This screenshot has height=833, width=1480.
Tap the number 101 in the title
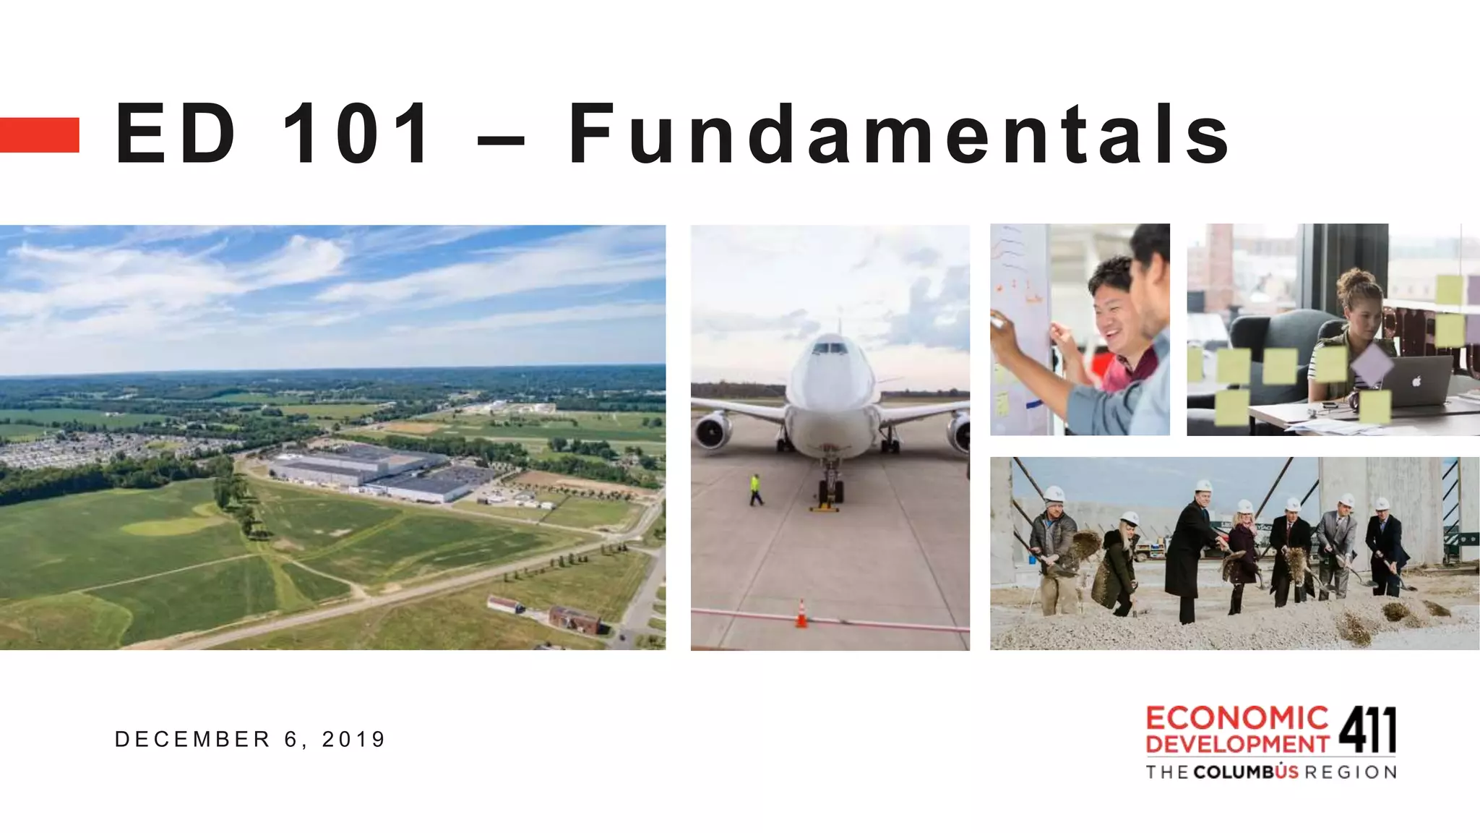tap(357, 134)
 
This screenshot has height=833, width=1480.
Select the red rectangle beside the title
tap(39, 135)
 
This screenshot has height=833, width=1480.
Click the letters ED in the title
tap(176, 134)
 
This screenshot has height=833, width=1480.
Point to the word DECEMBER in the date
tap(192, 739)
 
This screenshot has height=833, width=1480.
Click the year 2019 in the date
tap(353, 739)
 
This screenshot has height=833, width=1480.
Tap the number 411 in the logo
tap(1367, 730)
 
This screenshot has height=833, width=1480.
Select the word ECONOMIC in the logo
tap(1236, 718)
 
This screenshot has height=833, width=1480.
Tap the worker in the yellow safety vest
tap(755, 490)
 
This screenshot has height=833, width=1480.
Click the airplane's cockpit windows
tap(829, 349)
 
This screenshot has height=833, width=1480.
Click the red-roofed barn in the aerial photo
tap(575, 619)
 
